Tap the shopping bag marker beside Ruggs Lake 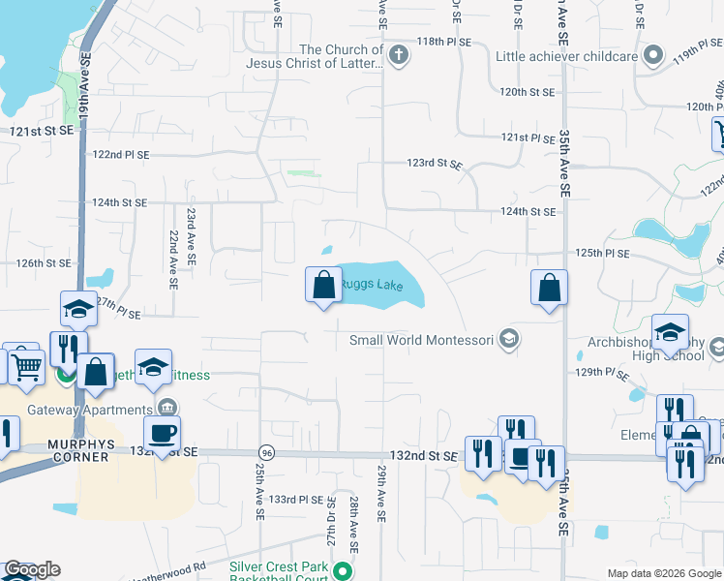click(323, 286)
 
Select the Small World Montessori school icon click(510, 340)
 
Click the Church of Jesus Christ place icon click(398, 54)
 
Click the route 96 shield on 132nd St click(264, 452)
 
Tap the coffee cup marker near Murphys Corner click(162, 433)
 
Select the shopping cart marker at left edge click(26, 366)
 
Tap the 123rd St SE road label click(434, 164)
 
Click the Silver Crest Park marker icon click(341, 570)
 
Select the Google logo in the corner click(32, 569)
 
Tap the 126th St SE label click(44, 262)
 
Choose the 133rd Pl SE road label click(296, 499)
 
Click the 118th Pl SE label click(443, 43)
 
